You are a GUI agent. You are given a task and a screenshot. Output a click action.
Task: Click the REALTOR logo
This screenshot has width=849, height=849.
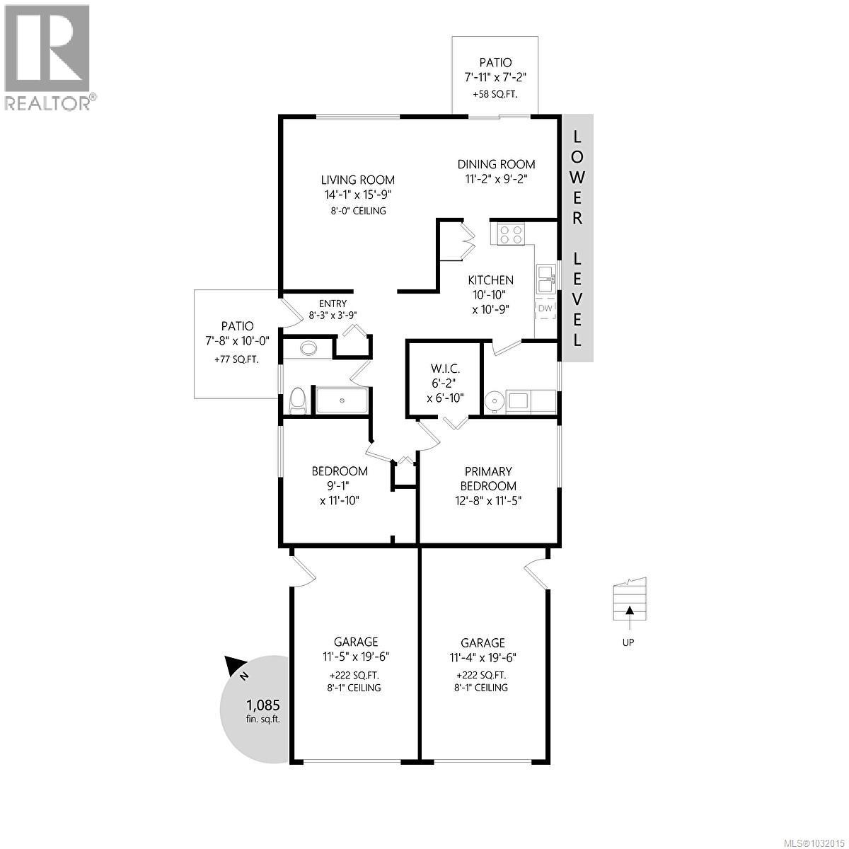click(x=47, y=57)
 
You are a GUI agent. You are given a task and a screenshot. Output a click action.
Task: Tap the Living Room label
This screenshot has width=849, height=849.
click(x=357, y=180)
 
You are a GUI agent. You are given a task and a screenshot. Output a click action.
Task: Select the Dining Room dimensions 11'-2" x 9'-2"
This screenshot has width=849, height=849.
click(x=495, y=180)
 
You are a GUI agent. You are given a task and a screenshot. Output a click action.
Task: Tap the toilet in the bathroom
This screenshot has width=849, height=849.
click(x=298, y=400)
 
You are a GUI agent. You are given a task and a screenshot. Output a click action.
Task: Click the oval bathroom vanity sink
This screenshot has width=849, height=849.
click(x=308, y=348)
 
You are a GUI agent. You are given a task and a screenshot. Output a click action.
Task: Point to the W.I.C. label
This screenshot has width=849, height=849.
click(x=445, y=369)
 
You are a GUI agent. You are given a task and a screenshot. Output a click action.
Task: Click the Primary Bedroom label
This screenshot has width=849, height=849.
click(x=488, y=479)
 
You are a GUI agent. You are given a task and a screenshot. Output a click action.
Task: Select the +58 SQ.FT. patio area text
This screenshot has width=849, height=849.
click(x=495, y=94)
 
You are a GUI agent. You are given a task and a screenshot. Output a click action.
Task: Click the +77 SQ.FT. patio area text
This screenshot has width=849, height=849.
click(x=236, y=359)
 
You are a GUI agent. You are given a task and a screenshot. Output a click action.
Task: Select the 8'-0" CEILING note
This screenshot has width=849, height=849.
click(x=357, y=211)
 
